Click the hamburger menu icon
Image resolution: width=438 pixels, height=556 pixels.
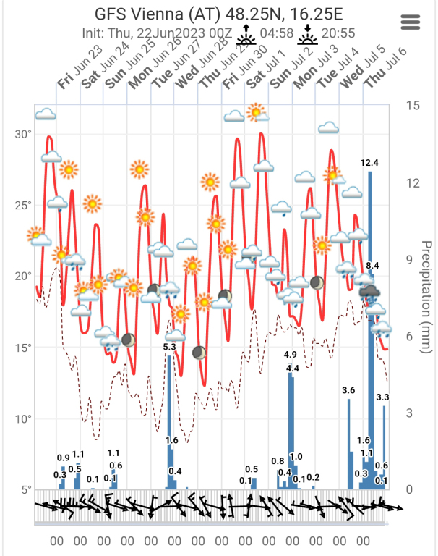click(411, 22)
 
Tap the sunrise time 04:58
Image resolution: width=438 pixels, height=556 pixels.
click(278, 33)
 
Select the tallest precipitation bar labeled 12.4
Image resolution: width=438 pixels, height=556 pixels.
click(370, 326)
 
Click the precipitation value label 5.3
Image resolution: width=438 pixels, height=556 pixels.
click(170, 347)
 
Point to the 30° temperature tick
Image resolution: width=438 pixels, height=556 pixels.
click(24, 135)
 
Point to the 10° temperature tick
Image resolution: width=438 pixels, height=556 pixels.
click(24, 419)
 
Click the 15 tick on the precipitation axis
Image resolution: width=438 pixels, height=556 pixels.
click(413, 106)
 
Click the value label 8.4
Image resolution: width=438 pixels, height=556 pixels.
click(373, 266)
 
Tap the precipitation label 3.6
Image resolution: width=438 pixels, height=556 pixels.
click(348, 391)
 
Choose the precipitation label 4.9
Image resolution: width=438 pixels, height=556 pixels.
click(291, 355)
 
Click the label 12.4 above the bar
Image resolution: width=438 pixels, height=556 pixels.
click(370, 163)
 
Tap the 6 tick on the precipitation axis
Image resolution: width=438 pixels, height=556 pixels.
click(409, 336)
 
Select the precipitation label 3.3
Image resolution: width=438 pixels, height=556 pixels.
click(383, 397)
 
